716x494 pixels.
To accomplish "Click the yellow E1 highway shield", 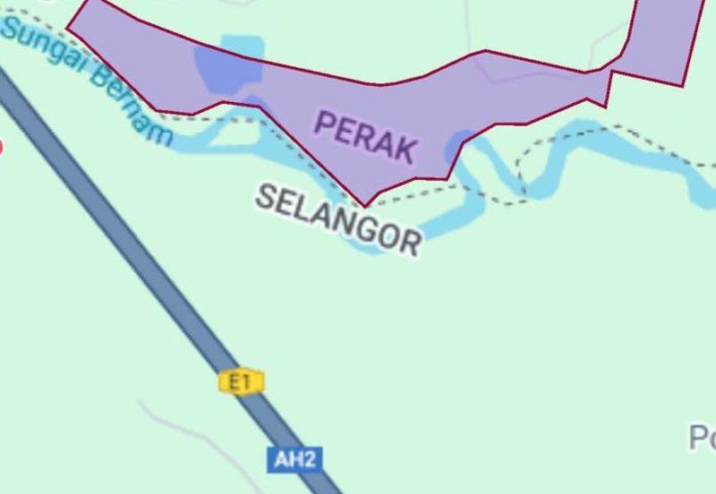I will pos(240,383).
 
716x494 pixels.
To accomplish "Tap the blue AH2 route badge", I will pos(294,460).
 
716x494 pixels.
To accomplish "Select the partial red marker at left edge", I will pos(1,147).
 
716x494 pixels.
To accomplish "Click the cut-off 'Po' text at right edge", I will pos(702,438).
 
